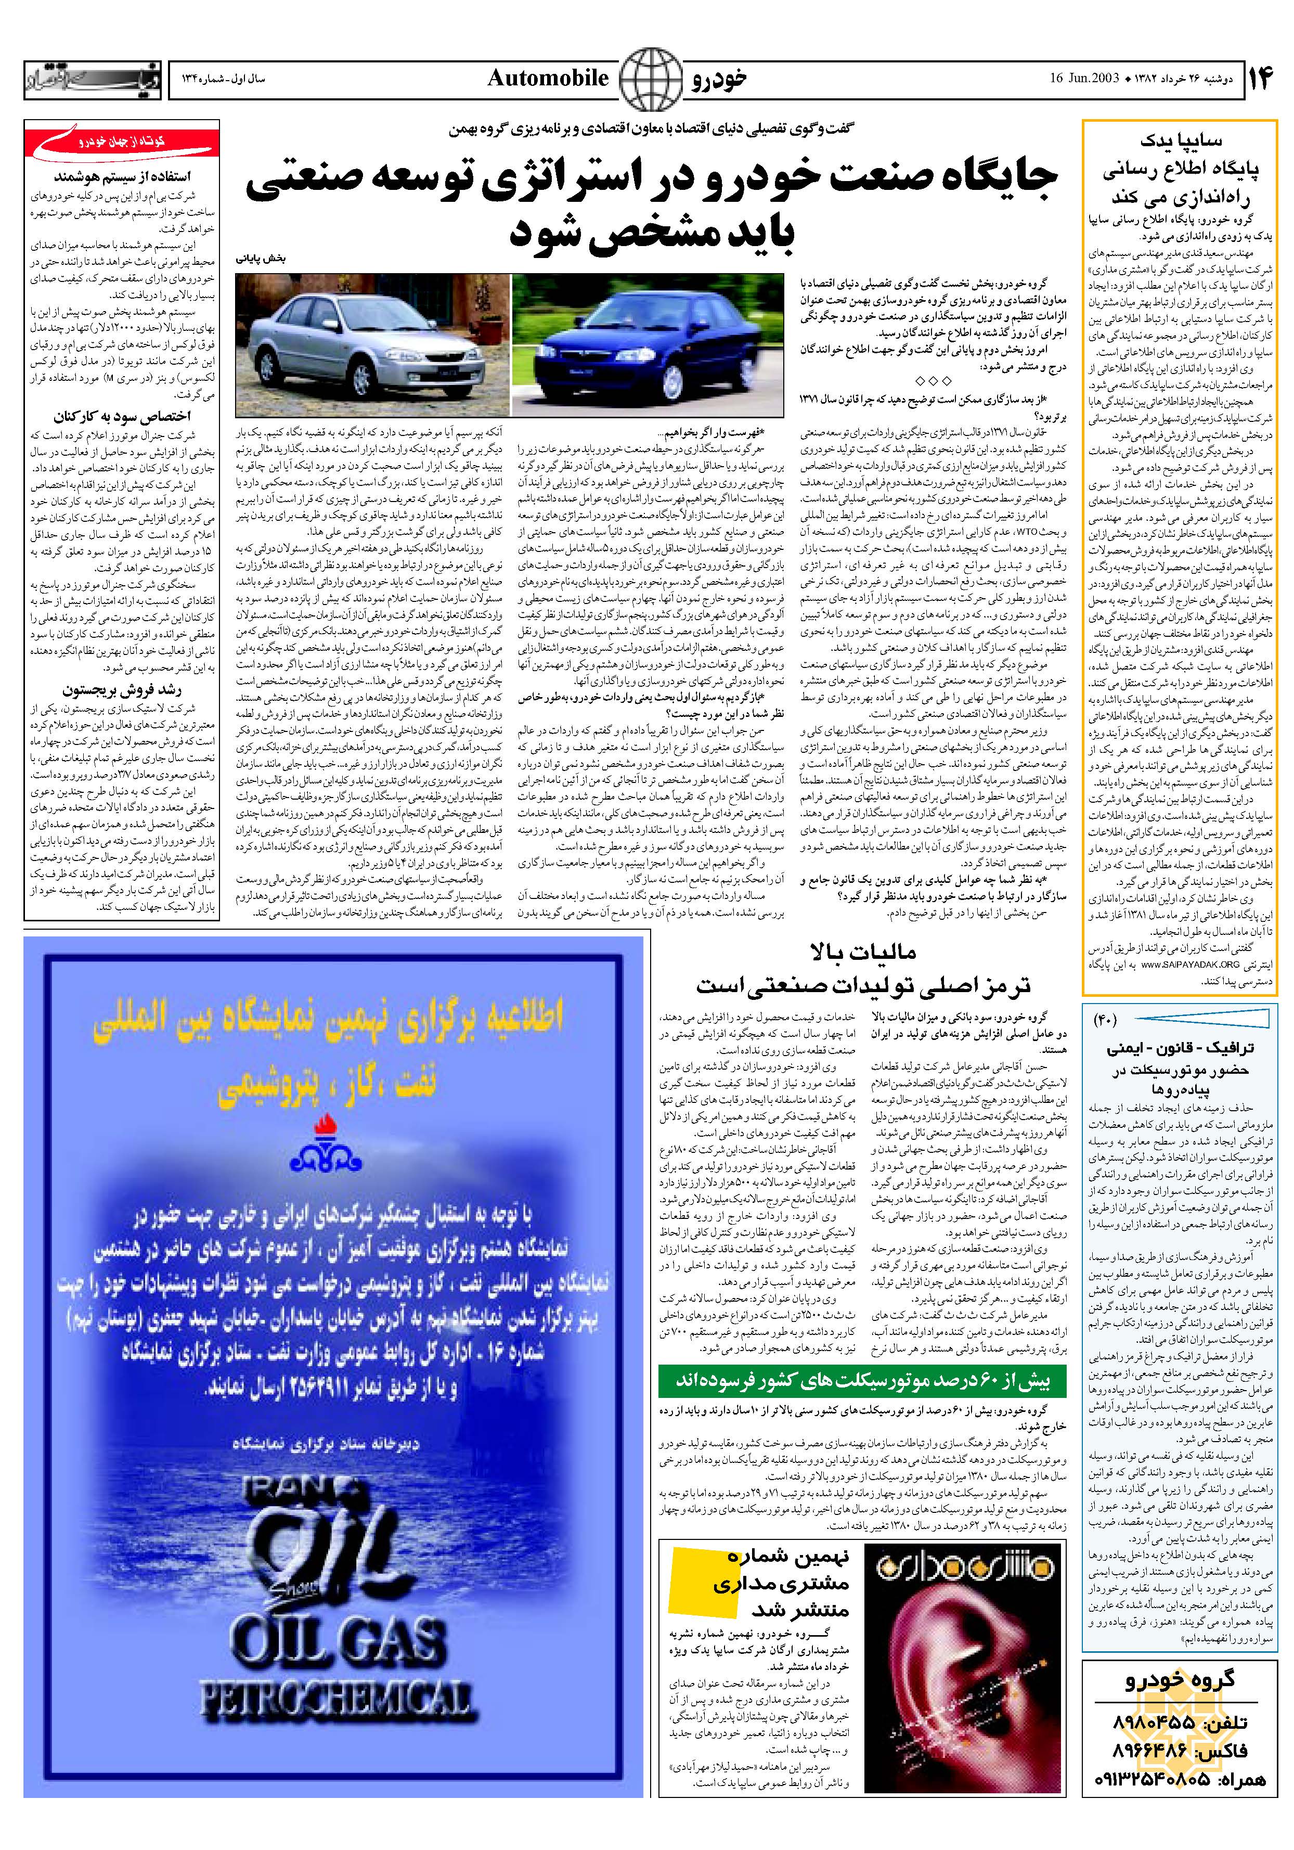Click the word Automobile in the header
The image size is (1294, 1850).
[548, 78]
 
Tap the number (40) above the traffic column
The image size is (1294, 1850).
[1105, 1020]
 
